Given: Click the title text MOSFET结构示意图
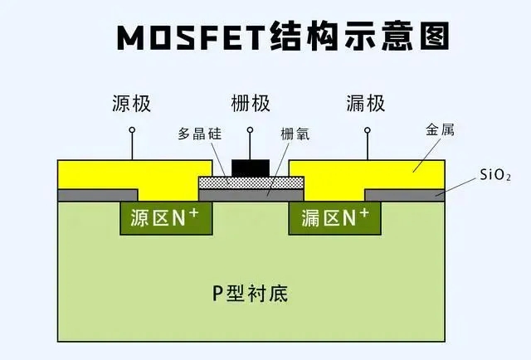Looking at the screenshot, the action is click(283, 36).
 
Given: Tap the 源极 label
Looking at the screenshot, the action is click(131, 104).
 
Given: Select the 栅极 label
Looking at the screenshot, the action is click(251, 104).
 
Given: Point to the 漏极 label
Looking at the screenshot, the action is click(366, 104).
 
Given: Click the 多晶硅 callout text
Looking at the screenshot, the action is click(200, 134).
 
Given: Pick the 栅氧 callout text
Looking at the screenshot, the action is click(295, 134).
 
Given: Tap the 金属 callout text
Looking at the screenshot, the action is click(440, 129).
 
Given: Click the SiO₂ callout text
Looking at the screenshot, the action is click(495, 175).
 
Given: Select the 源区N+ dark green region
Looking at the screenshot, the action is click(166, 218).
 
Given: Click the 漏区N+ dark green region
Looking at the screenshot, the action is click(334, 218).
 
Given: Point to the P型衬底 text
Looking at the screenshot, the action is click(251, 294).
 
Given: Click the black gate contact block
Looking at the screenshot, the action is click(251, 168).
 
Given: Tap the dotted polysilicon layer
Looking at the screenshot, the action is click(251, 182).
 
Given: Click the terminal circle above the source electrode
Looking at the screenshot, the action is click(132, 130).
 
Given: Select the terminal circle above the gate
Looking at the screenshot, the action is click(251, 129).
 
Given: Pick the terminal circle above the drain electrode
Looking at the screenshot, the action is click(368, 130).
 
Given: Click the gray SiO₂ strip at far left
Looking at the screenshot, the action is click(98, 195).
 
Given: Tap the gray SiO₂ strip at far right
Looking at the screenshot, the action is click(405, 195).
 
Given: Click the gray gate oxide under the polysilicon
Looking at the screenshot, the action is click(251, 195).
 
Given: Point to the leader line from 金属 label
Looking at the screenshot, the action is click(426, 155).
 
